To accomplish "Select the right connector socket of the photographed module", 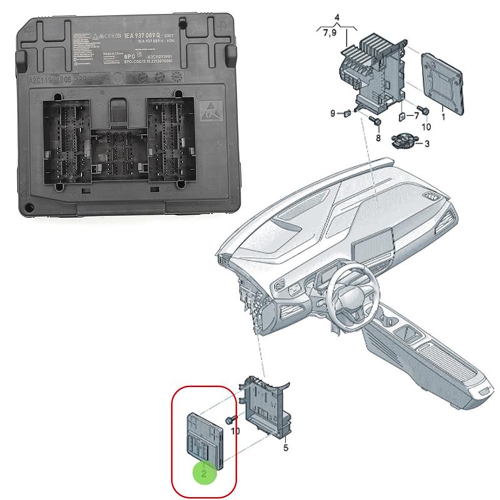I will [171, 140].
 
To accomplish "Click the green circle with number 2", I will [204, 473].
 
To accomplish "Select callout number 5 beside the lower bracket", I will [286, 447].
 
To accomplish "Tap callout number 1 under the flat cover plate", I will [442, 116].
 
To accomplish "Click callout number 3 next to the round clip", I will [427, 144].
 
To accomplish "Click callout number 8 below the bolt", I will [377, 137].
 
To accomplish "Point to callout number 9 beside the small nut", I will [332, 113].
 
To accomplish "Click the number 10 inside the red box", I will [235, 431].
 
